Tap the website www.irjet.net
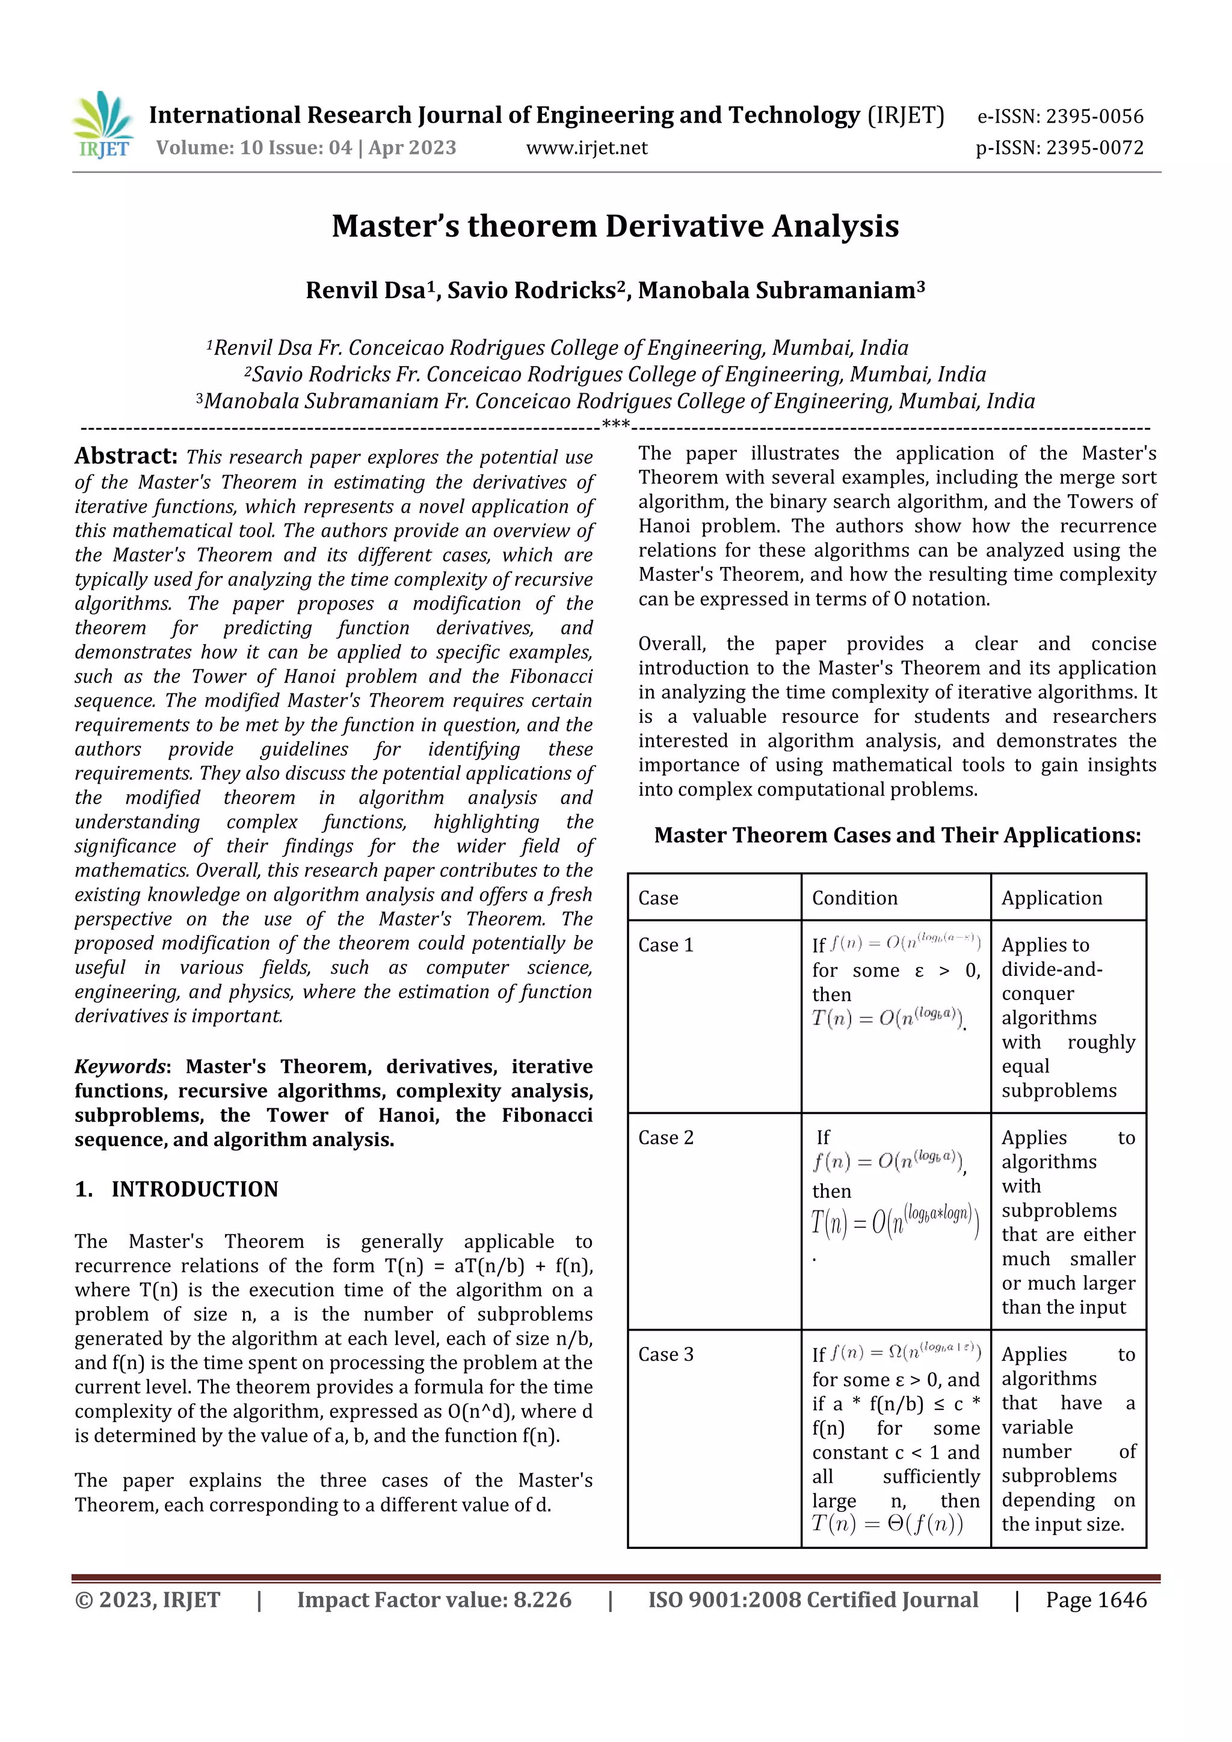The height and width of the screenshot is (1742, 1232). coord(587,148)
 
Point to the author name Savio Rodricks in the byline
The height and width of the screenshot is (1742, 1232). coord(531,290)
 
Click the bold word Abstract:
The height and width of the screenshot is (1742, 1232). coord(126,456)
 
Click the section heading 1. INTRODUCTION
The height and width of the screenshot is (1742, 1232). coord(177,1189)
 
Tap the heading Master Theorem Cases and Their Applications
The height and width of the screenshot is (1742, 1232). coord(898,835)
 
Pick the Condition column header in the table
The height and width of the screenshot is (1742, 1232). coord(855,898)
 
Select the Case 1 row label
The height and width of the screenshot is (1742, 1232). coord(666,945)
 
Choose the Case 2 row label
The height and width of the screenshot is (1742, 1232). coord(666,1138)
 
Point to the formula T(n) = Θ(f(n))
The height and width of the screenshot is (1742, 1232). coord(887,1524)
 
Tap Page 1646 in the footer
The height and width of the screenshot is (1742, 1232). coord(1096,1600)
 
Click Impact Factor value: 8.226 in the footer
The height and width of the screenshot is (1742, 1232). coord(434,1600)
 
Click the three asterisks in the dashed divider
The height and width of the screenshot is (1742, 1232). coord(615,425)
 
